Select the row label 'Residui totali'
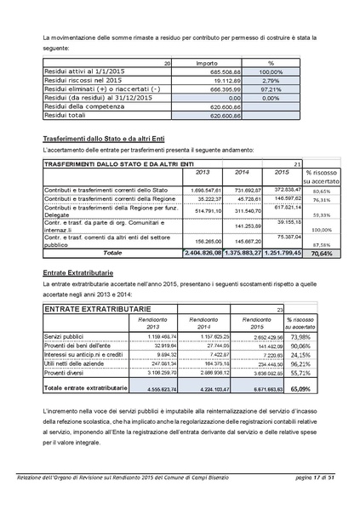click(65, 115)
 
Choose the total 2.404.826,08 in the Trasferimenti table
click(203, 253)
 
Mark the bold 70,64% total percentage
click(320, 253)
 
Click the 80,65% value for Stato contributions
click(321, 191)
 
